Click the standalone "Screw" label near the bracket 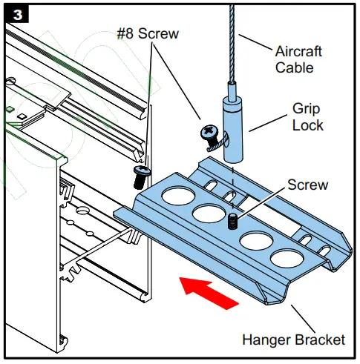[307, 183]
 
